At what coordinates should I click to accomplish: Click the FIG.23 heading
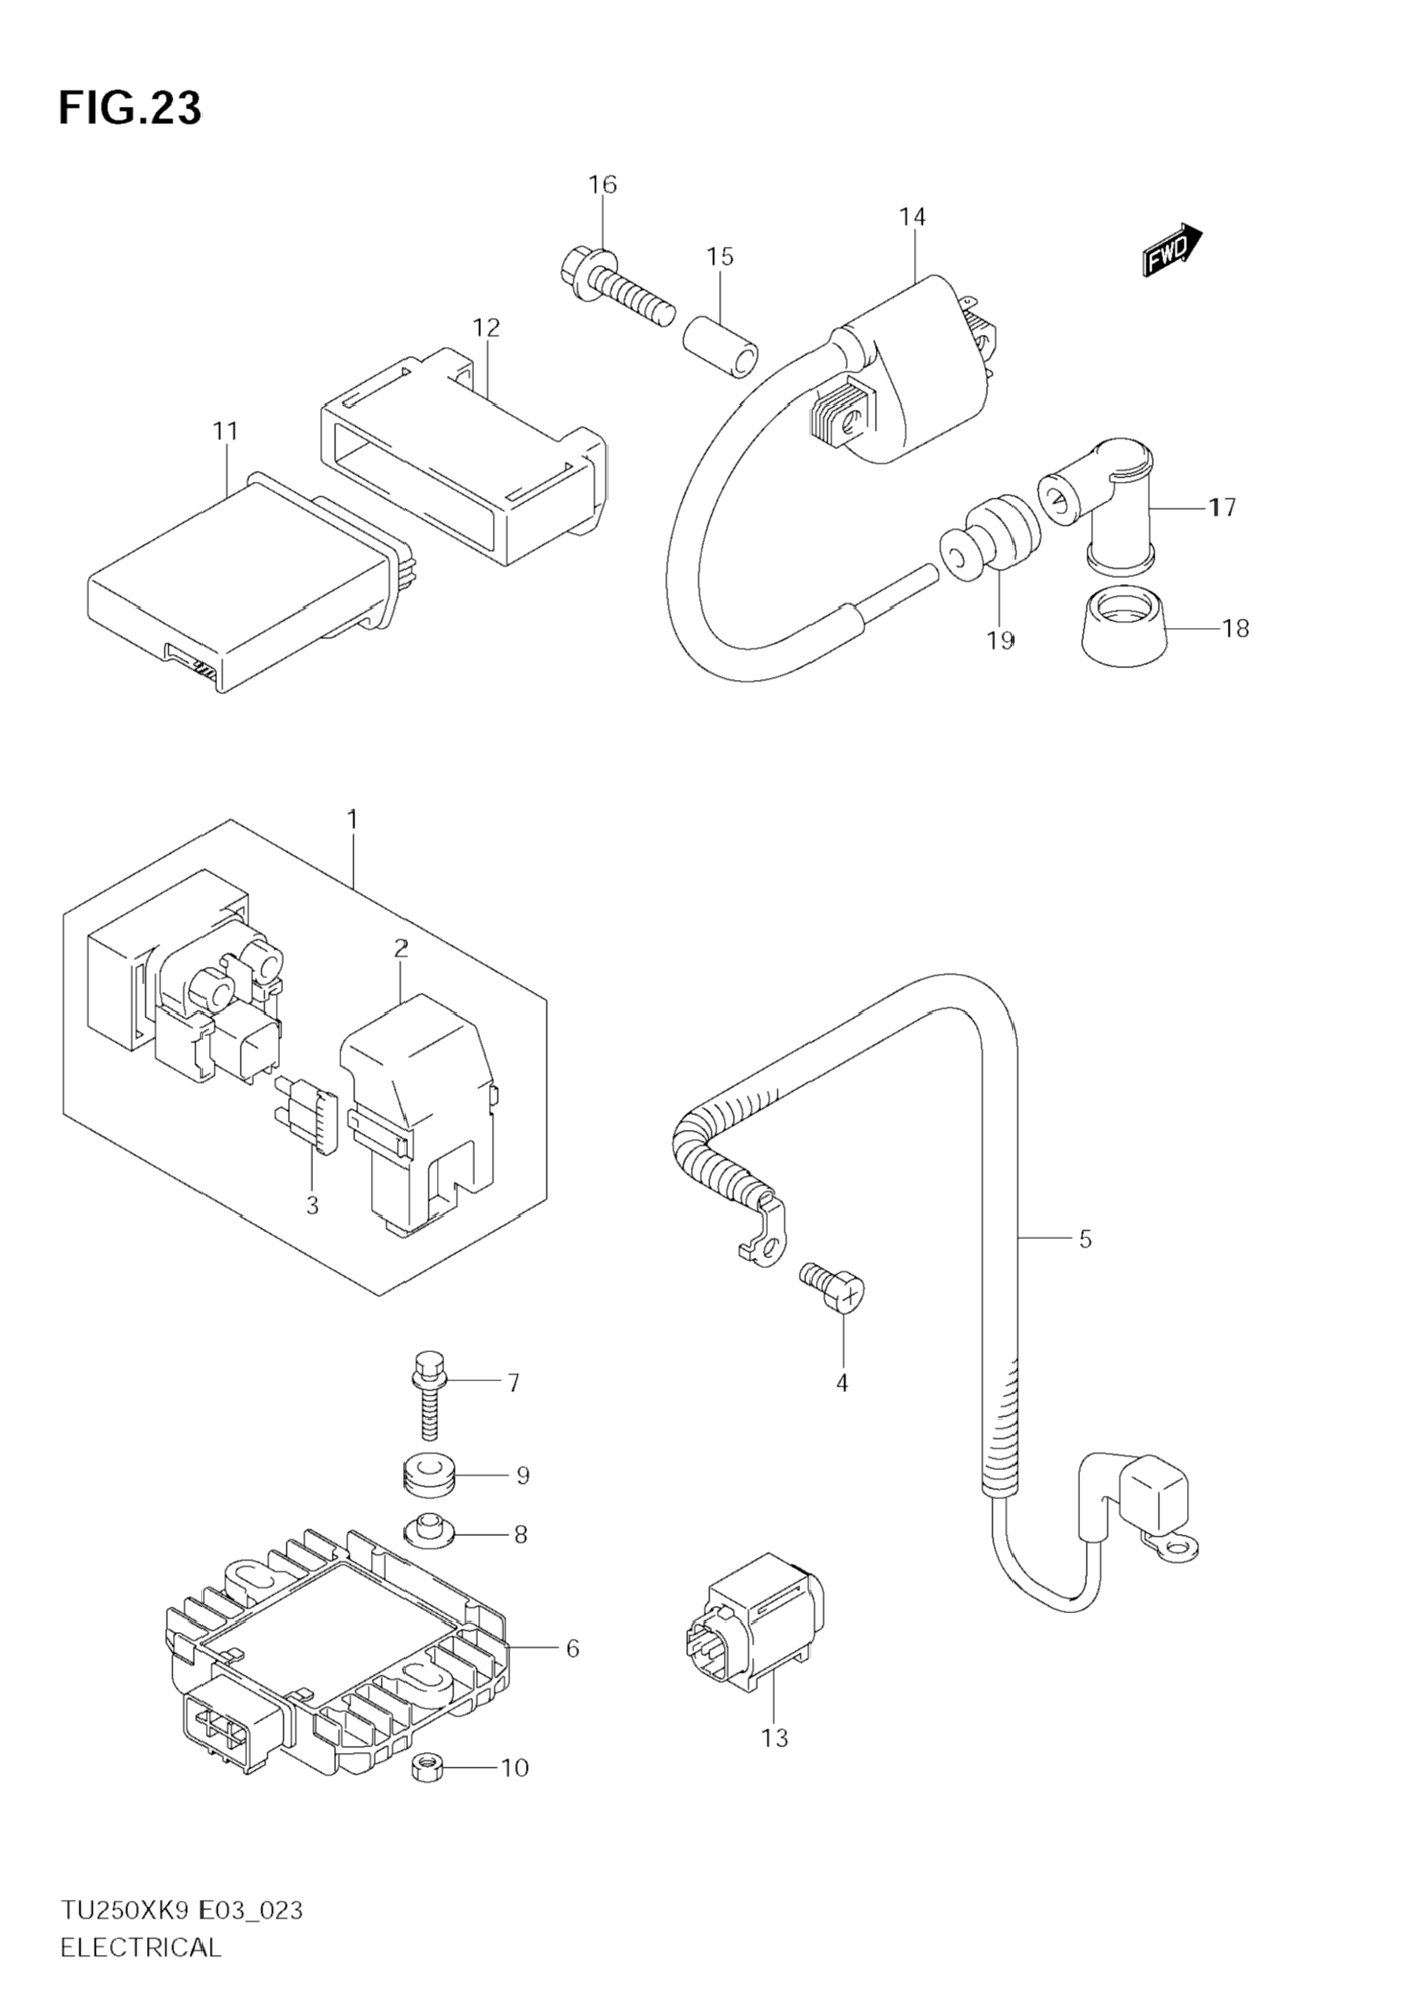tap(130, 108)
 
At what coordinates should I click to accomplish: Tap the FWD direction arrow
tap(1173, 249)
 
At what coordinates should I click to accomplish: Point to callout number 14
tap(911, 216)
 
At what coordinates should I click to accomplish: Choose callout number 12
tap(486, 328)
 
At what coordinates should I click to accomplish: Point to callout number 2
tap(401, 948)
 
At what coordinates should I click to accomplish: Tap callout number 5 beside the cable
tap(1085, 1239)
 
